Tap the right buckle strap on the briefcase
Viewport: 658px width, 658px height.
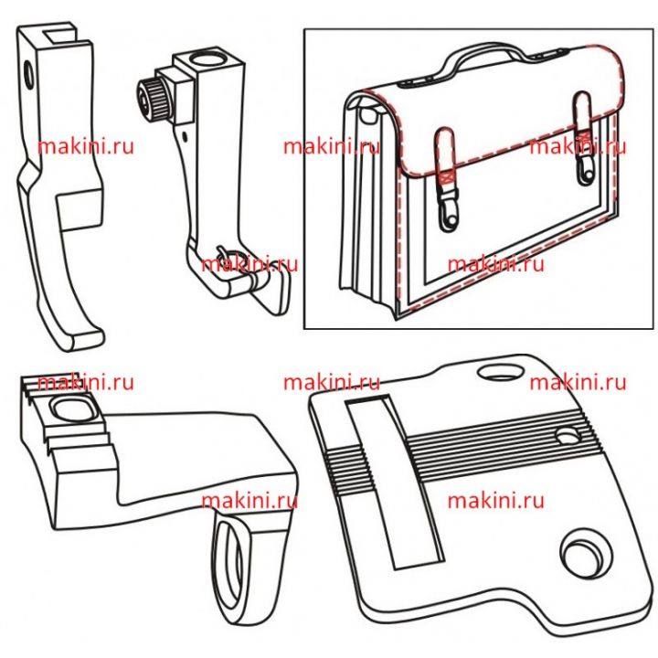[x=584, y=138]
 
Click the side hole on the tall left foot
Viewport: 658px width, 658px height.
[x=29, y=74]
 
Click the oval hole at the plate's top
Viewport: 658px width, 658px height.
[x=501, y=371]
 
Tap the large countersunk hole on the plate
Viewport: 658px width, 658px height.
[x=583, y=555]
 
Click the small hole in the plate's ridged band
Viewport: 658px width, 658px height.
[x=568, y=436]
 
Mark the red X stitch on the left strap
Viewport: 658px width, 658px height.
[x=447, y=177]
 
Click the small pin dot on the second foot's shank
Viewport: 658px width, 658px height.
[x=185, y=136]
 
